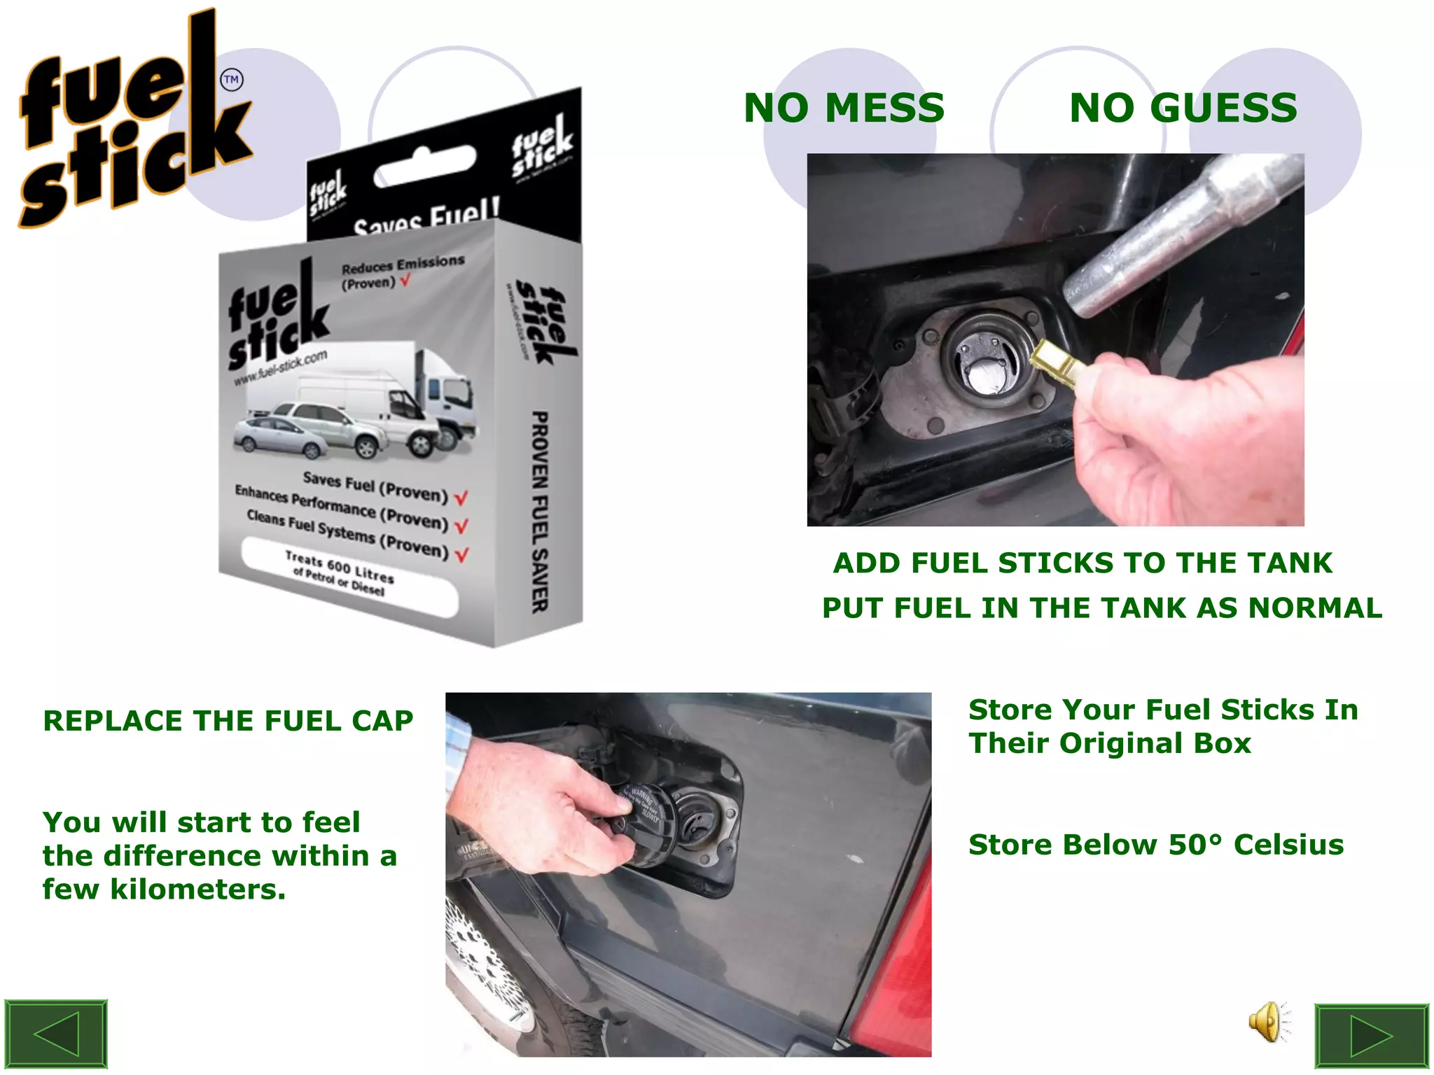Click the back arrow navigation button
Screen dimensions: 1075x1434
pyautogui.click(x=56, y=1034)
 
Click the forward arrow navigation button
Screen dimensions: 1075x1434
pyautogui.click(x=1371, y=1037)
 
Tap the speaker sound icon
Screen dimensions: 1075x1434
pyautogui.click(x=1267, y=1022)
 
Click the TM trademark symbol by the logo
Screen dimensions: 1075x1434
pyautogui.click(x=231, y=80)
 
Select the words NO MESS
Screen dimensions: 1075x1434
pyautogui.click(x=844, y=108)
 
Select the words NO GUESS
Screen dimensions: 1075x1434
pyautogui.click(x=1183, y=108)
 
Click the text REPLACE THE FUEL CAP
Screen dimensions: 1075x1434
pyautogui.click(x=228, y=721)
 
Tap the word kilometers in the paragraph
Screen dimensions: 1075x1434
pyautogui.click(x=197, y=890)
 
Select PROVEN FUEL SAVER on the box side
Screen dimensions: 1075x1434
pyautogui.click(x=539, y=511)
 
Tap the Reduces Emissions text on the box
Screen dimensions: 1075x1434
pyautogui.click(x=402, y=265)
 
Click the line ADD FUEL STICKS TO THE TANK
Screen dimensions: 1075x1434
pyautogui.click(x=1082, y=563)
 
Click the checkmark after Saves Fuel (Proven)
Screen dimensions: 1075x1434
pyautogui.click(x=461, y=498)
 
